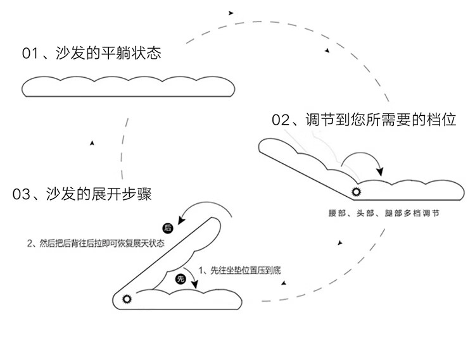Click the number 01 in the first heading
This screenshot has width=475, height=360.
click(30, 53)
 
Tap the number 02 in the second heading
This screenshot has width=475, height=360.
click(280, 120)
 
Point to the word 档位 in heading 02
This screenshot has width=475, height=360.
click(441, 120)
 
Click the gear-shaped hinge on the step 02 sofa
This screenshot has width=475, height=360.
click(356, 191)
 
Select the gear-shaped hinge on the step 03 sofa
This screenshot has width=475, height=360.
click(125, 298)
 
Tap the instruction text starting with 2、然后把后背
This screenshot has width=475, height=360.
click(95, 244)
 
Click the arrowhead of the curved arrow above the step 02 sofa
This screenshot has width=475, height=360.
click(379, 171)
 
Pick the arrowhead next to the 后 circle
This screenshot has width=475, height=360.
click(180, 221)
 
